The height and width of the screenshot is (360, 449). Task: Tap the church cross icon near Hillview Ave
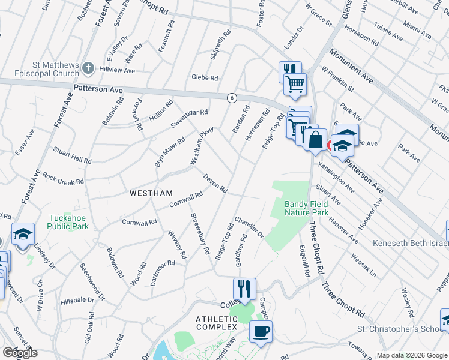coord(88,67)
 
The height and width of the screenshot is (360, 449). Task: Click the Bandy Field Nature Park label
coord(306,208)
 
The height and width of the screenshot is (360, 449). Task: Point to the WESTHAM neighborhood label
coord(151,193)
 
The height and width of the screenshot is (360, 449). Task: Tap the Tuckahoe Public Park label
coord(69,222)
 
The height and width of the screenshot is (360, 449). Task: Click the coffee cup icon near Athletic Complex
coord(260,331)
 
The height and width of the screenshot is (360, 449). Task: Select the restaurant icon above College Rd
coord(244,289)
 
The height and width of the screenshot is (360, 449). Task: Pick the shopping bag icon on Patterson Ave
coord(315,140)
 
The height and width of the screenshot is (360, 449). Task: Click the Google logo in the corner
coord(19,353)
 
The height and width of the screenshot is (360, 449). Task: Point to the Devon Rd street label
coord(215,184)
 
